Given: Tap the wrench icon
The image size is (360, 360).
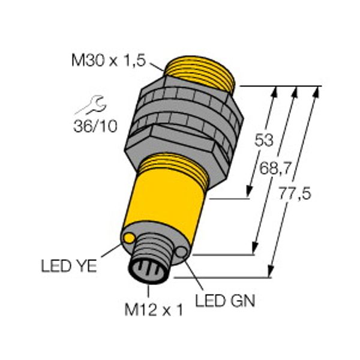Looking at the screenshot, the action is [x=91, y=106].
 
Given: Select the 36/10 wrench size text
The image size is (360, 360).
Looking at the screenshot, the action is [x=95, y=126].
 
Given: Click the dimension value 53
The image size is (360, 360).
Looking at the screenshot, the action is [x=264, y=140].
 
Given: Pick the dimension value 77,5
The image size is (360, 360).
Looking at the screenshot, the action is [x=295, y=193].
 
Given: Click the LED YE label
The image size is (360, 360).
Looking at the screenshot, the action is [x=68, y=266].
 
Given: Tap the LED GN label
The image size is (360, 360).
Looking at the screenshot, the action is [x=225, y=301].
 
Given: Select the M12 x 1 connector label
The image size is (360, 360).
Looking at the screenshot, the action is [x=154, y=310].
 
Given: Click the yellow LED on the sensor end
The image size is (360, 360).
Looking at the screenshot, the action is [x=129, y=238].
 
